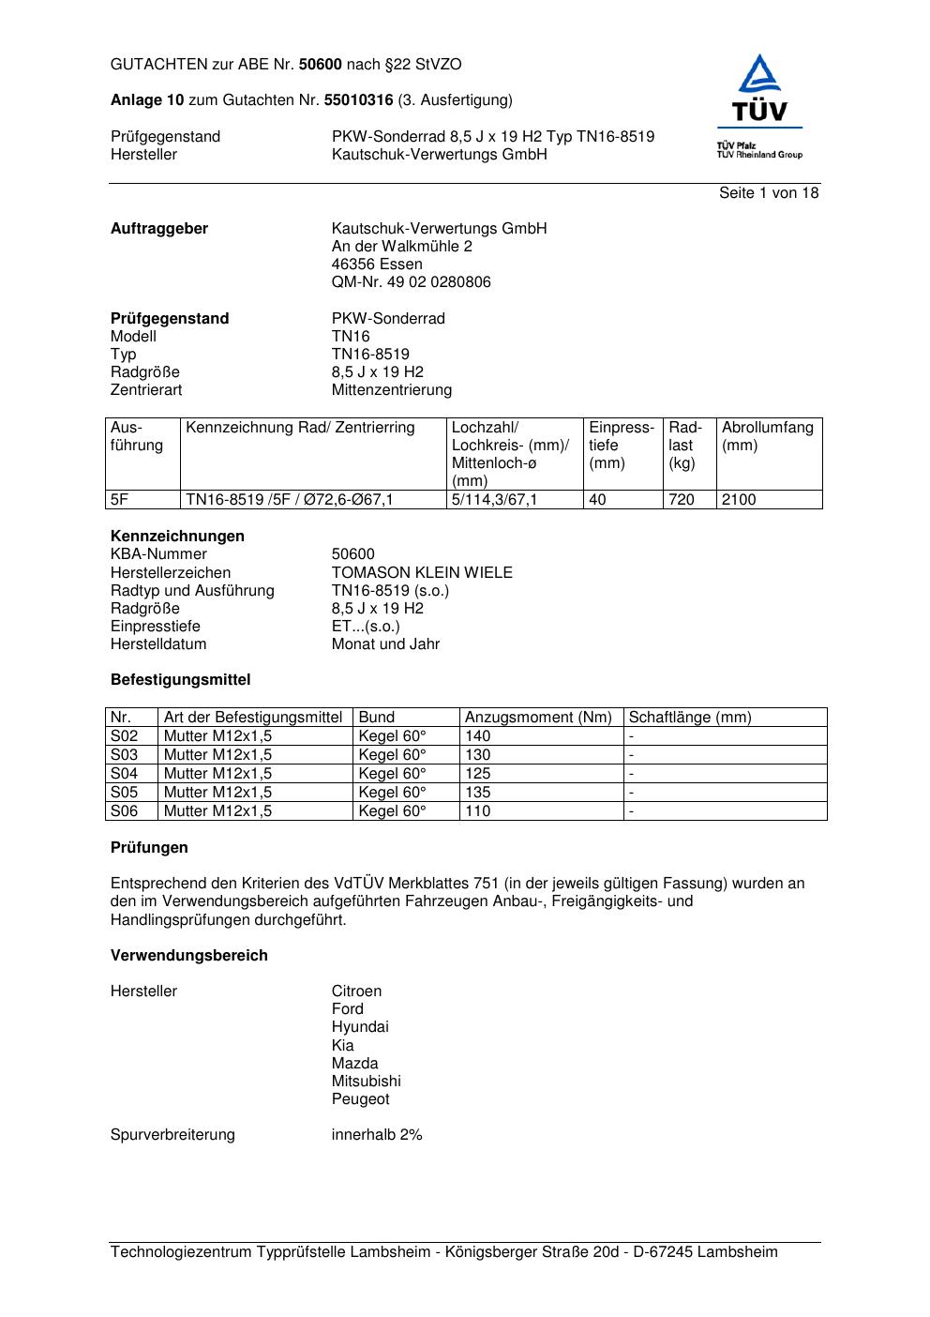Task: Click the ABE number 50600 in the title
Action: click(320, 65)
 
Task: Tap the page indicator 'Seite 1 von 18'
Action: click(769, 193)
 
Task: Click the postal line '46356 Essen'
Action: click(377, 265)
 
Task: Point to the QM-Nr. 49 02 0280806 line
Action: click(411, 282)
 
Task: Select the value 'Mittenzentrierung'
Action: click(391, 390)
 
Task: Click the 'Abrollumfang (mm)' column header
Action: click(768, 436)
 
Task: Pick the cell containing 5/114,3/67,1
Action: click(494, 500)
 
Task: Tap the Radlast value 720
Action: click(682, 500)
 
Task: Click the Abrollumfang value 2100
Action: click(739, 500)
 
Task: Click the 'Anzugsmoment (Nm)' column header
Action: click(538, 718)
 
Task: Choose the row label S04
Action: click(124, 774)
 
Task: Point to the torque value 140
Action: click(478, 736)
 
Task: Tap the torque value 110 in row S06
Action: click(478, 811)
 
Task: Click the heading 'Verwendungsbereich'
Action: click(189, 956)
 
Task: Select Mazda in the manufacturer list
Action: click(354, 1064)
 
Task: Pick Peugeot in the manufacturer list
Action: click(360, 1099)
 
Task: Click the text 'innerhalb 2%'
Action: click(377, 1135)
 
